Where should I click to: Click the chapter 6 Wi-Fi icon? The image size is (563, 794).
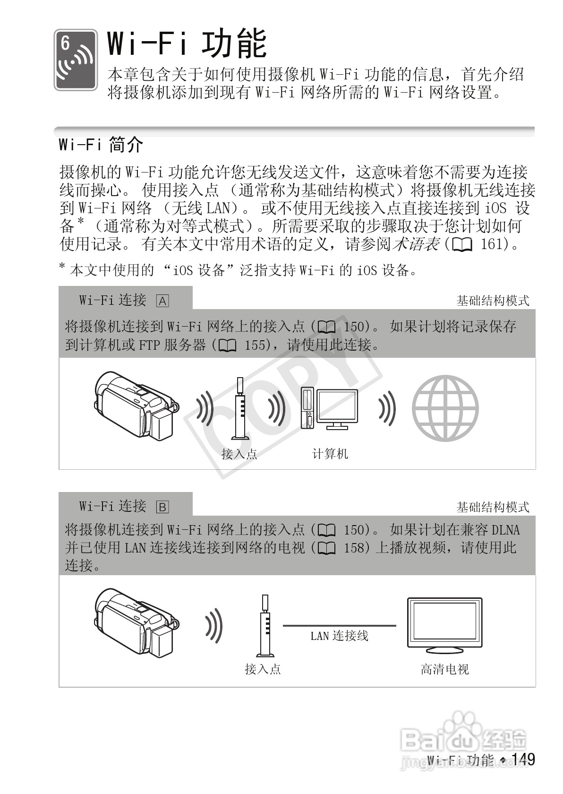coord(76,60)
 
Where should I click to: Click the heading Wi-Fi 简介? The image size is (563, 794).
coord(101,144)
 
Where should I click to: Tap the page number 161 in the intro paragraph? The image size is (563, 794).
coord(494,244)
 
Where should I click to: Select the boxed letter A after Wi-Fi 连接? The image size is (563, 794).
coord(162,301)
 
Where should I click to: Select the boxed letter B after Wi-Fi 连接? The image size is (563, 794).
coord(162,507)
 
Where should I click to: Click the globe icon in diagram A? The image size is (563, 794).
coord(445,408)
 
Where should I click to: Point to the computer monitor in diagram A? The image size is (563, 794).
coord(337,406)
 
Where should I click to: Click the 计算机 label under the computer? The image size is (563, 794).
coord(330,454)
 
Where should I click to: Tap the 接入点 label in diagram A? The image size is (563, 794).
coord(239,454)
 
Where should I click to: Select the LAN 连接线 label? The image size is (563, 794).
coord(339,636)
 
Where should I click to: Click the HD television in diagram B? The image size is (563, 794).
coord(444,623)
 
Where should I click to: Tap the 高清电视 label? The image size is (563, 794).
coord(444,669)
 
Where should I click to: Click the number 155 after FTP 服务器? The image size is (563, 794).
coord(256,345)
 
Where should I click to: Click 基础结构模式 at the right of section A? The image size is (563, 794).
coord(493,301)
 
